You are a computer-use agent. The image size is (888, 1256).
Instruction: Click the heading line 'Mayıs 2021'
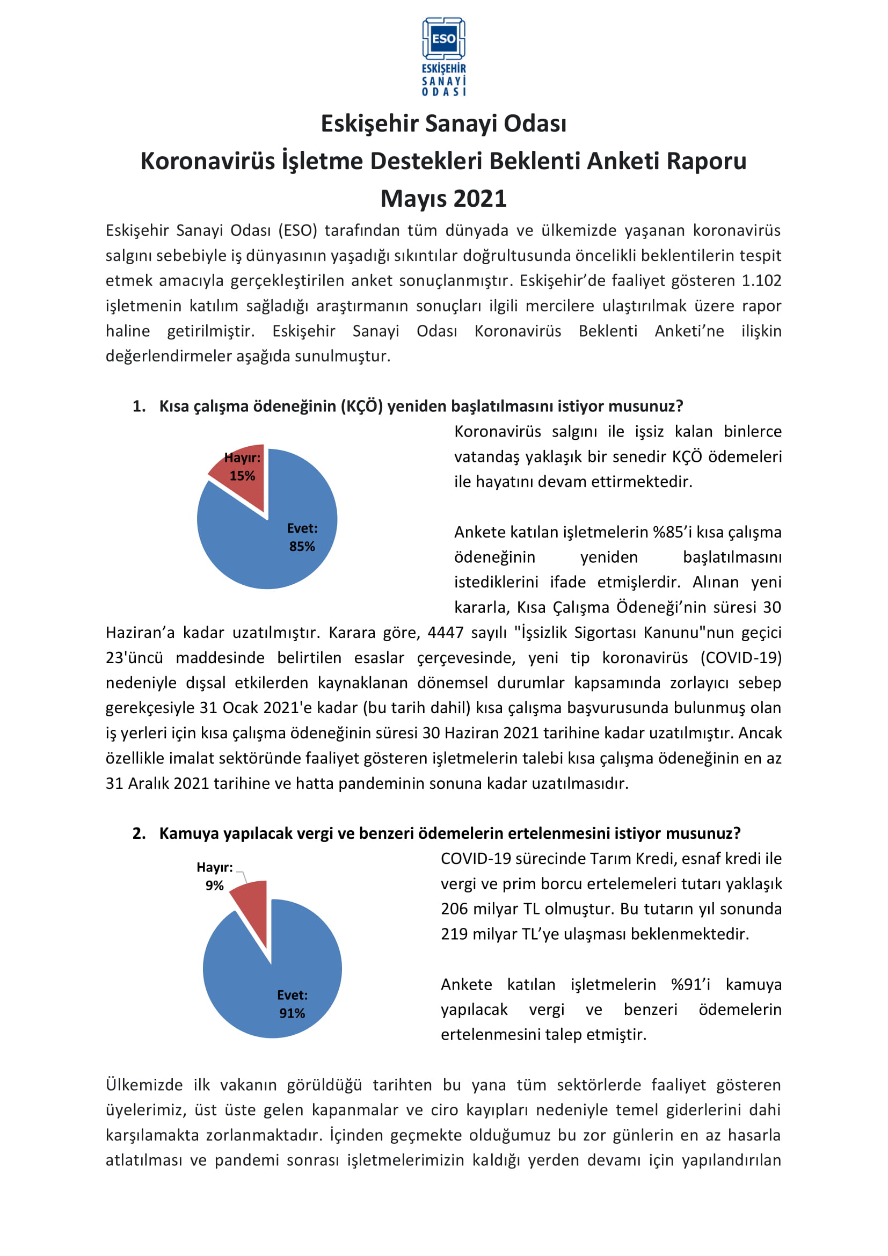pos(443,199)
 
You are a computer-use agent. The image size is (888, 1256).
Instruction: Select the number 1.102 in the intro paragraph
pos(761,281)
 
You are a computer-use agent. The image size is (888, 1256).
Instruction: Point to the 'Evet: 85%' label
pos(302,537)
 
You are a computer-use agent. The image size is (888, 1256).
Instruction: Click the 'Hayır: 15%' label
pos(242,467)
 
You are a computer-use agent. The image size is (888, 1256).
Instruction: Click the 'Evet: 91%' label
pos(292,1004)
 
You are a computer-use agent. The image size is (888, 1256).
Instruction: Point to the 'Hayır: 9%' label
pos(215,876)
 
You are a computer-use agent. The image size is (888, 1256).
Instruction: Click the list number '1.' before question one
pos(139,406)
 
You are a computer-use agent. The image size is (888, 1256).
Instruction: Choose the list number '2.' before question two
pos(139,833)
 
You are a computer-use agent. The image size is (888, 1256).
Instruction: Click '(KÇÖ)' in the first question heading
pos(361,406)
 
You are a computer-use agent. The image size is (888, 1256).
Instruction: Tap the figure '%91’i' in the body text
pos(690,985)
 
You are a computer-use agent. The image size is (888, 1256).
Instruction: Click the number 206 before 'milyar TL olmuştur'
pos(454,909)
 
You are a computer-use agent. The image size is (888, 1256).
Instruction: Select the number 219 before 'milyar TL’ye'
pos(454,934)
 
